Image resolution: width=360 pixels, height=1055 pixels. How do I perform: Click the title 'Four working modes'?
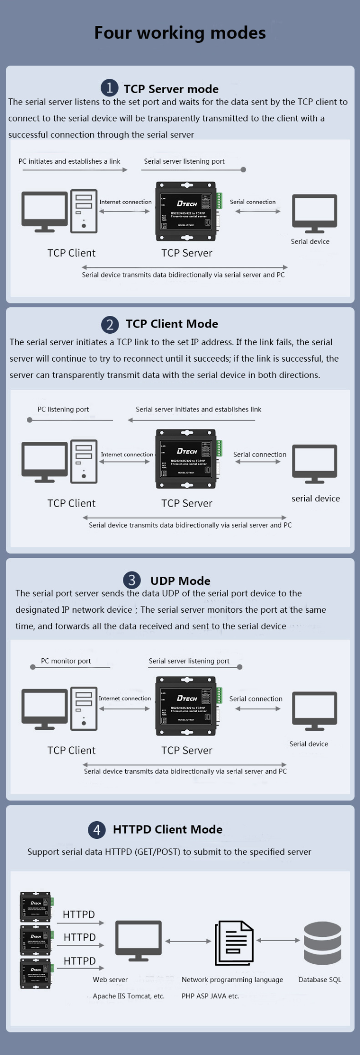click(x=180, y=33)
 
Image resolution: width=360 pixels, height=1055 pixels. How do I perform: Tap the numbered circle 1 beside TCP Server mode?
click(x=109, y=88)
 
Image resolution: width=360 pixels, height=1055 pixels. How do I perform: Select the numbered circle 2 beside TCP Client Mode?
click(x=110, y=325)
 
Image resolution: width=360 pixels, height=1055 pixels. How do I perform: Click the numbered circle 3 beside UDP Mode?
click(x=132, y=580)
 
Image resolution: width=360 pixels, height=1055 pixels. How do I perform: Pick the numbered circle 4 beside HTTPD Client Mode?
click(x=97, y=829)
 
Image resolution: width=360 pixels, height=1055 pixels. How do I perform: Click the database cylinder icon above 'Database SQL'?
click(x=322, y=943)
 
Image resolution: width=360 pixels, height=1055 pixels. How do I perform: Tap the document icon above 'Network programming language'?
click(x=234, y=943)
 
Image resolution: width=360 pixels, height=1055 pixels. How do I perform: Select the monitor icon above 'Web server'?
click(x=138, y=941)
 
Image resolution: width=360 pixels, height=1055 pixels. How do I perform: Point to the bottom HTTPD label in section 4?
click(x=80, y=961)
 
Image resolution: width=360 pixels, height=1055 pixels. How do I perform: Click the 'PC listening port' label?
click(x=63, y=410)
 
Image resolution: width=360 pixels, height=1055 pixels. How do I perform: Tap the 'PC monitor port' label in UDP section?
click(x=66, y=661)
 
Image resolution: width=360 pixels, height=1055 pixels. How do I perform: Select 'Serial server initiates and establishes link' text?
click(x=198, y=410)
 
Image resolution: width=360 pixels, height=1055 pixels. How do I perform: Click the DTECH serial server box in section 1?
click(x=186, y=211)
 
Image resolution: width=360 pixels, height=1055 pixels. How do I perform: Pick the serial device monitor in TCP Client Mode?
click(x=314, y=463)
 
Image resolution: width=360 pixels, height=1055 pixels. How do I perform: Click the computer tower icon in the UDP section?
click(x=84, y=708)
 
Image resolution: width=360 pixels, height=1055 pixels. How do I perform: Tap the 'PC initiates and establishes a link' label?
click(x=69, y=161)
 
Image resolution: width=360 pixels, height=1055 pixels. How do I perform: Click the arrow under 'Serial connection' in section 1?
click(x=258, y=211)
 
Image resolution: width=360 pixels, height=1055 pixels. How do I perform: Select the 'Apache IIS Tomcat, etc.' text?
click(x=129, y=996)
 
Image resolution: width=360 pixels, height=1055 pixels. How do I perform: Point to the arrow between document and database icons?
click(x=278, y=940)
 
